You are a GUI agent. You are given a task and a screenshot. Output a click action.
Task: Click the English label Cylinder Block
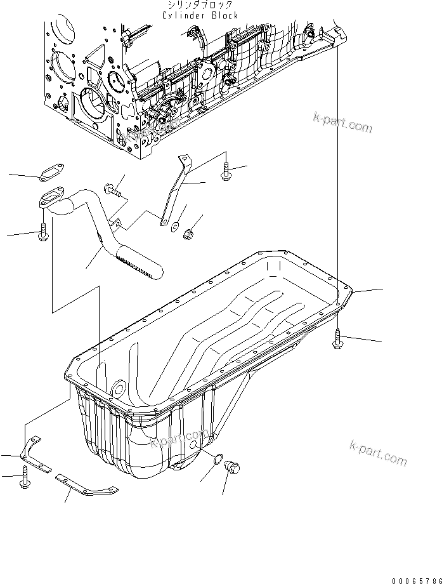coord(200,15)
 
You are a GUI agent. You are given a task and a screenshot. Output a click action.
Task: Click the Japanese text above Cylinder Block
coord(201,5)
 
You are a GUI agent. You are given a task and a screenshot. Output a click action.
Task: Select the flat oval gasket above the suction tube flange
coord(51,171)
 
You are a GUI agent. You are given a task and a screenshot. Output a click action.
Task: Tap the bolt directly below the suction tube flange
coord(44,232)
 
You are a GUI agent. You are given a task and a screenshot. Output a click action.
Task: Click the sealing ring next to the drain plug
coord(218,460)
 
